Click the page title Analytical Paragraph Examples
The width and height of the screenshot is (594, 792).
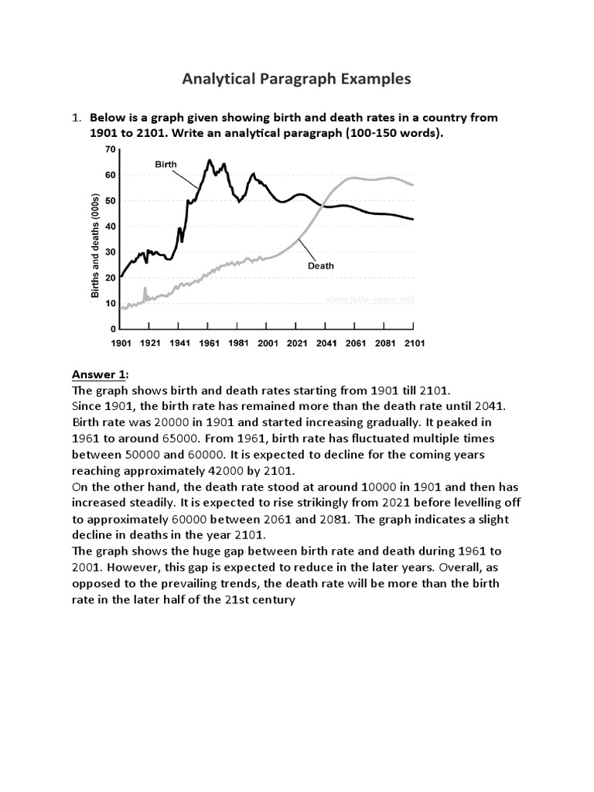(296, 79)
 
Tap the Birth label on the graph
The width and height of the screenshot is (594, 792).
(166, 164)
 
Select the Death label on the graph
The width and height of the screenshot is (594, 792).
(322, 265)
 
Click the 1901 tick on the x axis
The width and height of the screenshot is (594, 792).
(121, 343)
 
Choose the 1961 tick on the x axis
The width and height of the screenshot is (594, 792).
(209, 343)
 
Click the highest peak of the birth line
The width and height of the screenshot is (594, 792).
(209, 161)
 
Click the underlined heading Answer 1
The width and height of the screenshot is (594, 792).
(99, 375)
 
